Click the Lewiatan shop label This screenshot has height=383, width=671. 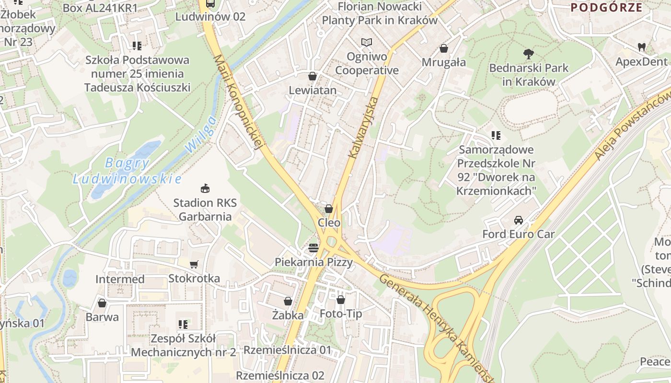click(312, 90)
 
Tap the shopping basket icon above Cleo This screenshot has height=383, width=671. click(329, 209)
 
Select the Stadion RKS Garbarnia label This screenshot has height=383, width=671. click(205, 210)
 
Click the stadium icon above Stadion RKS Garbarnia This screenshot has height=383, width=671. click(205, 189)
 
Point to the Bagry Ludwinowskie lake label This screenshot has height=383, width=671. click(127, 171)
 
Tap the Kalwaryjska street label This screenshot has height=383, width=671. click(364, 128)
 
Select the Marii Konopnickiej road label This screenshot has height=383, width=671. click(239, 101)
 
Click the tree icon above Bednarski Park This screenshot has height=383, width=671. click(529, 54)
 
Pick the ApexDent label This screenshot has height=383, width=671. click(641, 62)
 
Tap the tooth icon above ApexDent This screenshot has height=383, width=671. click(641, 47)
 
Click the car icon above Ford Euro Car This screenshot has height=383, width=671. click(518, 220)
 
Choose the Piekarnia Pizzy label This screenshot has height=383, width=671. click(313, 262)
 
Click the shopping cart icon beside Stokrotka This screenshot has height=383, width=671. click(194, 264)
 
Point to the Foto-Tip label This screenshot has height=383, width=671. click(341, 314)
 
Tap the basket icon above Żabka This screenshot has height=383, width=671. click(288, 301)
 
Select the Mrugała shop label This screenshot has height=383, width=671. click(444, 62)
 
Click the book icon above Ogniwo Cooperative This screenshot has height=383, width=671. click(367, 43)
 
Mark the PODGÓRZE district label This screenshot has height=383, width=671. click(606, 7)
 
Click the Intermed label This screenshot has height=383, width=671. click(120, 279)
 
